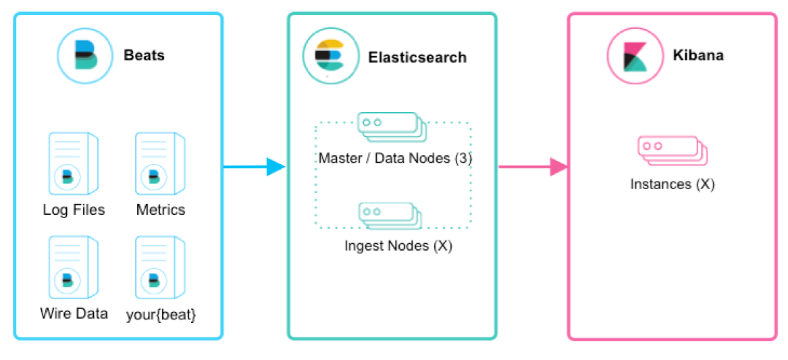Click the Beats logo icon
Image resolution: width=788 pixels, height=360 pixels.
coord(85,55)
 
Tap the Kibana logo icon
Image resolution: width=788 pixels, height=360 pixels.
coord(634,55)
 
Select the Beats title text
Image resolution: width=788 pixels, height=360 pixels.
coord(144,55)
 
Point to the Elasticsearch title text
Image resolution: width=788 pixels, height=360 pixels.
coord(417,57)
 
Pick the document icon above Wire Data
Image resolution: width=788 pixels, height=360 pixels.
coord(73,266)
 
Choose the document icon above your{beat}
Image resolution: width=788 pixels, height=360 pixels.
coord(159,266)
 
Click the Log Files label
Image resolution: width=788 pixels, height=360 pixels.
coord(74,210)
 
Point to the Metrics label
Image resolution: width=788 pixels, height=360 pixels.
coord(161,210)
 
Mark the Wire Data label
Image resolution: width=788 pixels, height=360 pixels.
coord(74,313)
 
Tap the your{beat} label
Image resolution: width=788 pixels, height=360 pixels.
coord(161,314)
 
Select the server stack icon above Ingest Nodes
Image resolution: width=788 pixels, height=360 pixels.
coord(390,215)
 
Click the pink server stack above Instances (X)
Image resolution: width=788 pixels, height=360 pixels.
coord(673,150)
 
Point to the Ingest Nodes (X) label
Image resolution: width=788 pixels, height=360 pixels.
coord(398,246)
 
